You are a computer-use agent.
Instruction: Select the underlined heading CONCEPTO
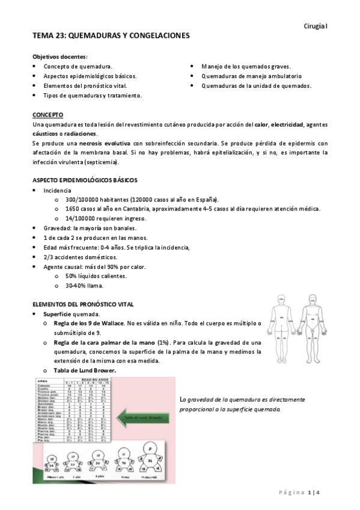(x=48, y=114)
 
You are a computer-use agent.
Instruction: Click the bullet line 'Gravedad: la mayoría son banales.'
(x=90, y=228)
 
